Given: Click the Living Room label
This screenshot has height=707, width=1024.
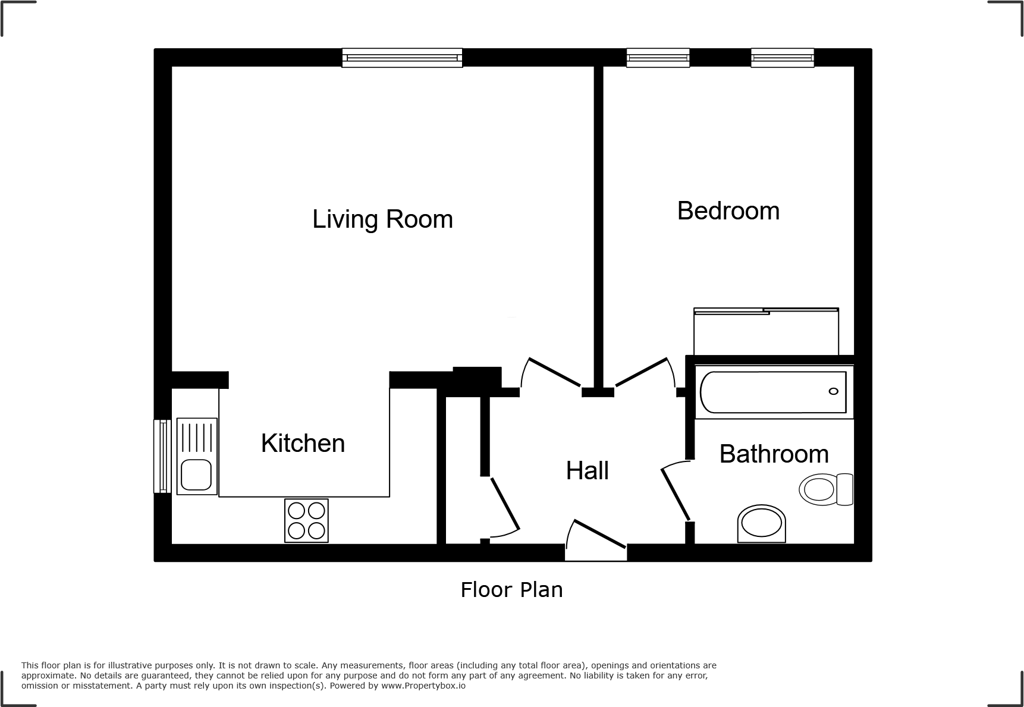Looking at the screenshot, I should tap(382, 219).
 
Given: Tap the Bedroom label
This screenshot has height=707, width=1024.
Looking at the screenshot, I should tap(728, 211).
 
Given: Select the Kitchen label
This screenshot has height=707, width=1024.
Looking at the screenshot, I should tap(303, 444).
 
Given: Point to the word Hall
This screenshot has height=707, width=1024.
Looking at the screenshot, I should tap(587, 471).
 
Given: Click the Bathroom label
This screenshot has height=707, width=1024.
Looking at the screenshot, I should tap(774, 454).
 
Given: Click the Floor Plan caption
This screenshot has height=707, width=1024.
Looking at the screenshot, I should tap(511, 590).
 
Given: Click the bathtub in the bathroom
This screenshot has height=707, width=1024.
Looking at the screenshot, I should tap(773, 392).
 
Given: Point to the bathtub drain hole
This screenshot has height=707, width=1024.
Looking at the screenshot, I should tap(833, 391).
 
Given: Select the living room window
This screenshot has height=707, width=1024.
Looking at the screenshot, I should tap(402, 58).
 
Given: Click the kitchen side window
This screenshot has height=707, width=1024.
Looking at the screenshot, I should tap(162, 456).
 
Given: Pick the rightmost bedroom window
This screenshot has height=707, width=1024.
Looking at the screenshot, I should tap(782, 58).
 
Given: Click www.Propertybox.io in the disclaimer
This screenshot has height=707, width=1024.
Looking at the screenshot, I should tap(423, 686).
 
